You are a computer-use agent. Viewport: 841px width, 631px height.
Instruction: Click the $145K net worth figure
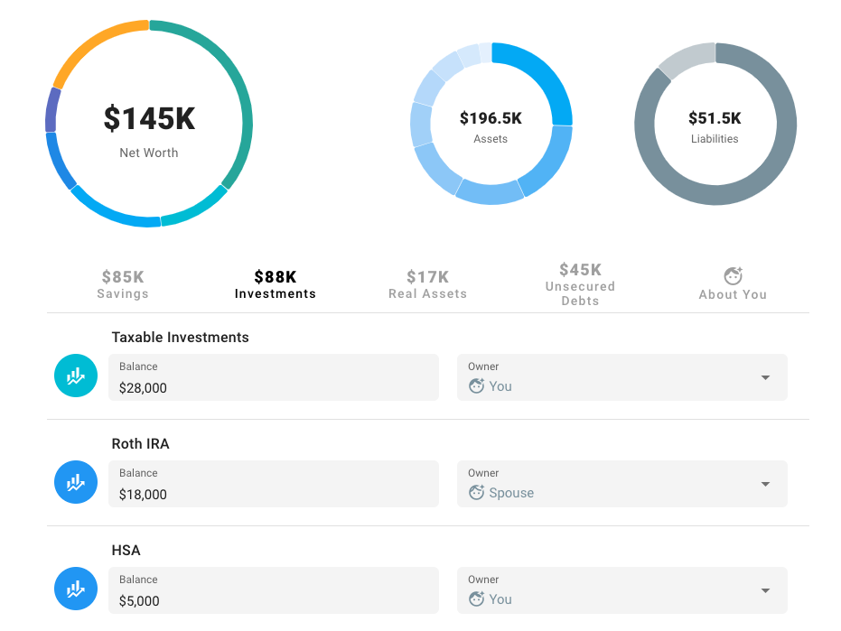(x=149, y=119)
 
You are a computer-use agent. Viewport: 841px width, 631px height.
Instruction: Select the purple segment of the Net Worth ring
(x=52, y=110)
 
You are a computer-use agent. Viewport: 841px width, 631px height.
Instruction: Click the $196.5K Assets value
(x=491, y=118)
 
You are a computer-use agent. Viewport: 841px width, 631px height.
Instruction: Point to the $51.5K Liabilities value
(x=715, y=118)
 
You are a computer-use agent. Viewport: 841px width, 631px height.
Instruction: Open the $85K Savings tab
(x=123, y=283)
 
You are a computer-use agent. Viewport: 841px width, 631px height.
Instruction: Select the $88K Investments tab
(x=276, y=283)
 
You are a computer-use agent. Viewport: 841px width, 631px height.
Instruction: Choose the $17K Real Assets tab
(x=427, y=283)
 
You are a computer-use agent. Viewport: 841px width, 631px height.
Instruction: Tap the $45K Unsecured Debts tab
(x=580, y=283)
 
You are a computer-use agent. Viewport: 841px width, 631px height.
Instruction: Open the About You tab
(x=733, y=283)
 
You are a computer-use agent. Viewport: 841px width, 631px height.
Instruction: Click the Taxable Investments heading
(x=180, y=338)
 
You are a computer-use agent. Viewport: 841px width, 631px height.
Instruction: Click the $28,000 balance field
(x=273, y=378)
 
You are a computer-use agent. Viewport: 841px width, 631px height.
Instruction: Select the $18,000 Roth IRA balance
(x=273, y=485)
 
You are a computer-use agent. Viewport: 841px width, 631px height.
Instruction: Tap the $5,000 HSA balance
(x=273, y=591)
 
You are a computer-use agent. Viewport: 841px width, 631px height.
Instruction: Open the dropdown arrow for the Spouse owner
(x=765, y=485)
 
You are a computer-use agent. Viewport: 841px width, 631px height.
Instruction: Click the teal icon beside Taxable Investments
(x=76, y=376)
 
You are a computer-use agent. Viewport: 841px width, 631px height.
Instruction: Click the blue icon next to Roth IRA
(x=76, y=483)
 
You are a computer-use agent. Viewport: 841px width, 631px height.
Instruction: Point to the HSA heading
(x=126, y=551)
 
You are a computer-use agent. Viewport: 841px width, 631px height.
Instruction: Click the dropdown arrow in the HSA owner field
(x=765, y=591)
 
